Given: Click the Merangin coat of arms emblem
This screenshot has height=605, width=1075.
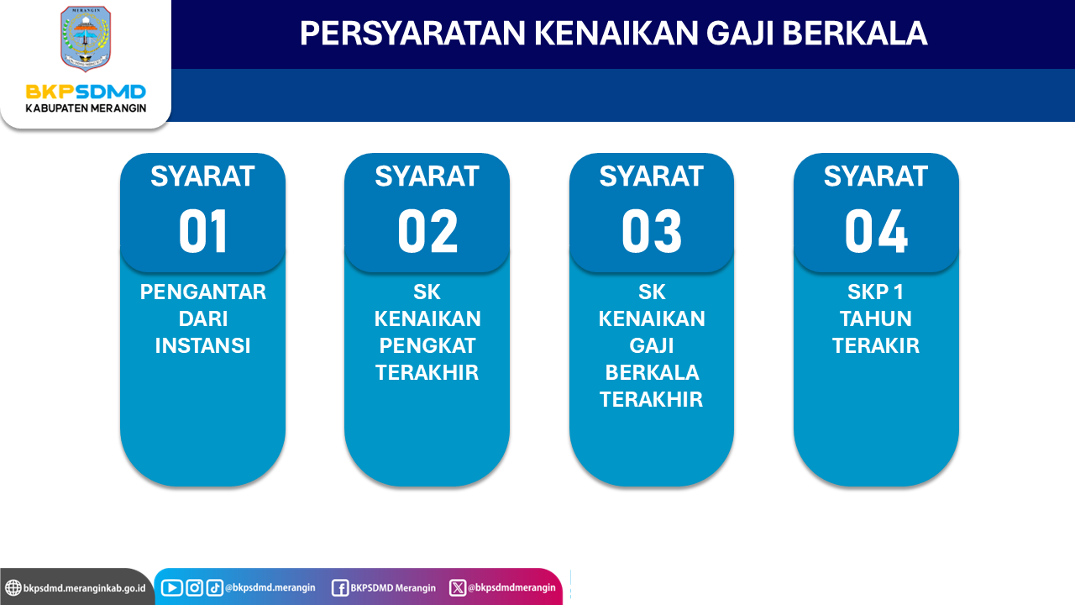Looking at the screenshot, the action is click(x=86, y=39).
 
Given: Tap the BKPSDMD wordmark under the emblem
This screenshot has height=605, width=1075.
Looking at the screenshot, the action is click(x=86, y=92).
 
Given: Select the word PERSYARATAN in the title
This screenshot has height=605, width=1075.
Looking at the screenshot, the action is click(x=412, y=33).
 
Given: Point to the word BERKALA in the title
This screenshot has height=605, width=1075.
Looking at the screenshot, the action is click(x=855, y=33).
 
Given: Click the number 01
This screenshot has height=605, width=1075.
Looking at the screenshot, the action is click(x=202, y=231).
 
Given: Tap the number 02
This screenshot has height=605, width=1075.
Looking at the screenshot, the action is click(x=427, y=231).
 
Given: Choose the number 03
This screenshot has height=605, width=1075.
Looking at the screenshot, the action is click(x=652, y=231).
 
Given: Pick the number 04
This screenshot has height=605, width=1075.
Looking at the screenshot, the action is click(x=876, y=231).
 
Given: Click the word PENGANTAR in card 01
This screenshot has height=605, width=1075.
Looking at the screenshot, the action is click(x=202, y=292).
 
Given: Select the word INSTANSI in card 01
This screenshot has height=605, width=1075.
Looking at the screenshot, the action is click(x=202, y=345).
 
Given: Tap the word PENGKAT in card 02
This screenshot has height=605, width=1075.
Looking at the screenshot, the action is click(x=427, y=345).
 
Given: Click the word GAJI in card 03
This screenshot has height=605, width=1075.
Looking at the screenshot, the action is click(x=652, y=345).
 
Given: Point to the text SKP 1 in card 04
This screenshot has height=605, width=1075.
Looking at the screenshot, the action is click(x=876, y=292).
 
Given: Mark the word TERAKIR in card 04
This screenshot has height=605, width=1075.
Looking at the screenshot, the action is click(x=876, y=345).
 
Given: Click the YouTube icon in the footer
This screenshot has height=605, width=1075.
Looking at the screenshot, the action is click(x=171, y=587).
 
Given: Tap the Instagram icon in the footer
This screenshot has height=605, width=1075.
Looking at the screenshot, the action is click(x=194, y=587).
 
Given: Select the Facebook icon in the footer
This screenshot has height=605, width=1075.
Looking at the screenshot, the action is click(x=340, y=588).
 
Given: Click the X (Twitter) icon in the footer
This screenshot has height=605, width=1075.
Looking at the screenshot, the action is click(x=458, y=587).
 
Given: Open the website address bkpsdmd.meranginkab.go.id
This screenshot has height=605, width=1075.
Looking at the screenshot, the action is click(x=84, y=588).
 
